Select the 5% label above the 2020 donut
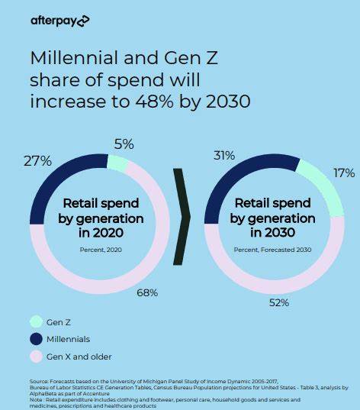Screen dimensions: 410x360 coord(124,144)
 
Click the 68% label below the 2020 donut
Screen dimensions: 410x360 coord(147,292)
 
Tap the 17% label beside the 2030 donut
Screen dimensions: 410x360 coord(343,173)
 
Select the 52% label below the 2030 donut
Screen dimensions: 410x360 coord(278,302)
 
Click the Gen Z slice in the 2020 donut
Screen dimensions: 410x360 coord(117,162)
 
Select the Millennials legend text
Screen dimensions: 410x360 coord(69,338)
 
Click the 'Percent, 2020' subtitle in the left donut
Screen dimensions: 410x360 coord(101,249)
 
